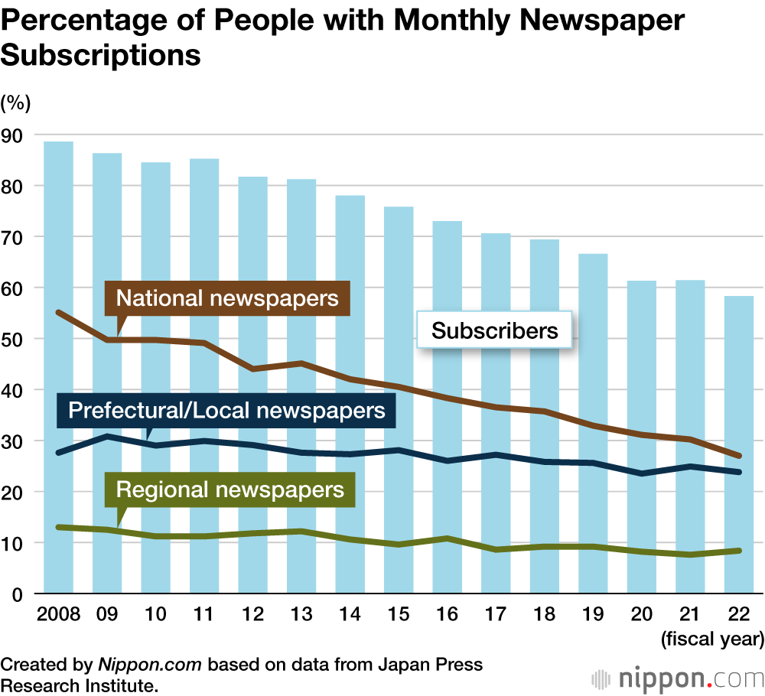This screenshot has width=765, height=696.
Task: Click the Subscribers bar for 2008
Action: [x=59, y=367]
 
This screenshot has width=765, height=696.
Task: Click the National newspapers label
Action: [x=227, y=298]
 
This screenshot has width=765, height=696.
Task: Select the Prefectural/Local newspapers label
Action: [x=226, y=411]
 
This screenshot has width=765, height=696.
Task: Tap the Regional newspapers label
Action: [x=229, y=489]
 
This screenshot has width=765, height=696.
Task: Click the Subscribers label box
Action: [x=494, y=330]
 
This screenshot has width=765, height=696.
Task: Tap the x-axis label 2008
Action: [x=58, y=616]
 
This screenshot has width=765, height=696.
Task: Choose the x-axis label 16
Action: [x=447, y=616]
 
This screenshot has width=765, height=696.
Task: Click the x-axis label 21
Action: [x=690, y=616]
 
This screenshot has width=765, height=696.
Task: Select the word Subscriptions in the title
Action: [x=101, y=55]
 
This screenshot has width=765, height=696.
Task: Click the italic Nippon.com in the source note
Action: [x=150, y=665]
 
